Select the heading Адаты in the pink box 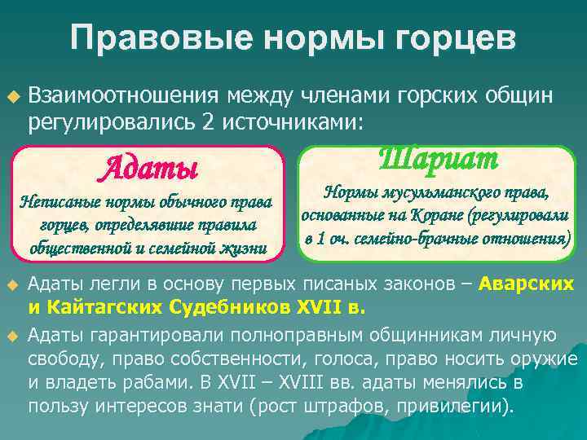(148, 170)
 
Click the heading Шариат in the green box (439, 159)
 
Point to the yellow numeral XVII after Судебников (321, 309)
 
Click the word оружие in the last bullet (548, 359)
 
